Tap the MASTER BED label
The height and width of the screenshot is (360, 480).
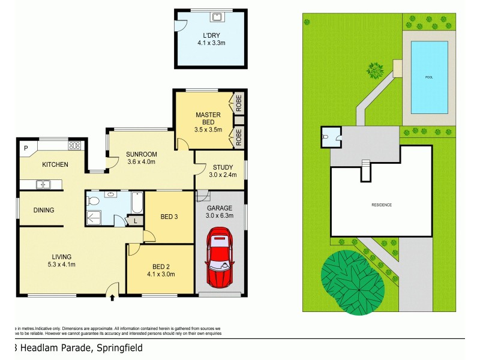point(208,118)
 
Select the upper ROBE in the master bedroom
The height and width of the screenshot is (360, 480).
point(238,105)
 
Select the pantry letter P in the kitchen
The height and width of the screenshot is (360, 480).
point(26,147)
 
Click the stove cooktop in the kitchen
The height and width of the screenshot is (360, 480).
point(74,145)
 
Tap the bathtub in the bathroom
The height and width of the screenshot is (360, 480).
point(137,204)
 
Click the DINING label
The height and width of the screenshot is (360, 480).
point(44,210)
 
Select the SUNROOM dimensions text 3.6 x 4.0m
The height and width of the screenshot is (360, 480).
point(142,161)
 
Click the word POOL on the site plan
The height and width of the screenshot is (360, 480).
point(428,77)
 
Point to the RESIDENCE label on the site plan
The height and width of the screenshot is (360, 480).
point(381,205)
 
